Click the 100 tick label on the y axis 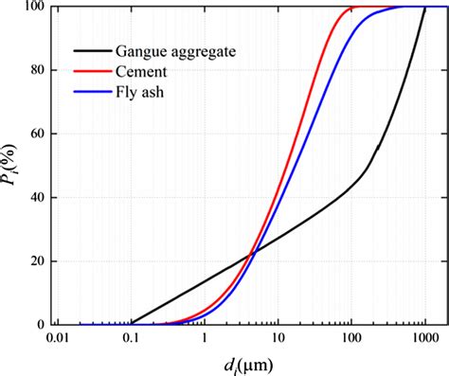click(35, 8)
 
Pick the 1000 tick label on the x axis click(423, 338)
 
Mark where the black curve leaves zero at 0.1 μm click(132, 323)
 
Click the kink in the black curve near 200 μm click(375, 150)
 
